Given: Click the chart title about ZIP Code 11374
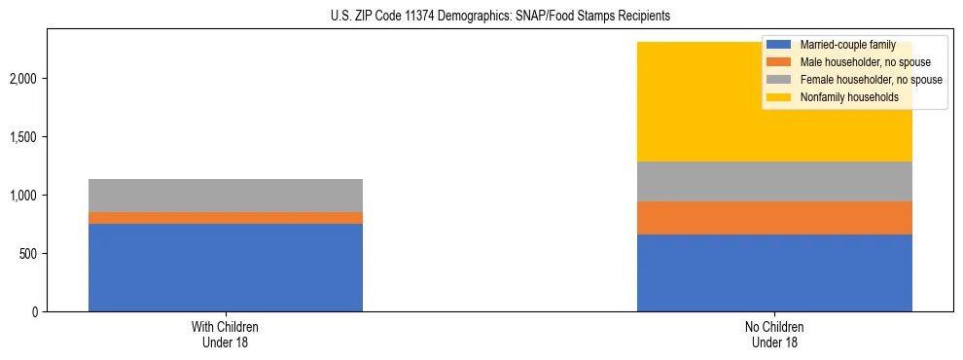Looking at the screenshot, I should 481,17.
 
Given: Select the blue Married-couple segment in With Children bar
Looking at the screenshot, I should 226,268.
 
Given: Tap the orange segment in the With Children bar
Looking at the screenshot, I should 226,218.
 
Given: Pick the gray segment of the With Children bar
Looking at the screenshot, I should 226,196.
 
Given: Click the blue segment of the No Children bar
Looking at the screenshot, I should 774,273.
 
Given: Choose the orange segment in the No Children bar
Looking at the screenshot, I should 774,218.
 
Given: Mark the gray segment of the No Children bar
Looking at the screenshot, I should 774,181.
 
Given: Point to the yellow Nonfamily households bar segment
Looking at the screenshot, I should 700,102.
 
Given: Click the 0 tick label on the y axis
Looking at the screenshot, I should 34,312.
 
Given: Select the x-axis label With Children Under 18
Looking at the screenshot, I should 226,335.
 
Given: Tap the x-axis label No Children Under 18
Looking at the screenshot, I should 774,335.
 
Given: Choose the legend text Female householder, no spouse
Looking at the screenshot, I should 870,80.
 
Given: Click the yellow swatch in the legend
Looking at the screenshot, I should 779,97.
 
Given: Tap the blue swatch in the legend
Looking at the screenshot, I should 779,46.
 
